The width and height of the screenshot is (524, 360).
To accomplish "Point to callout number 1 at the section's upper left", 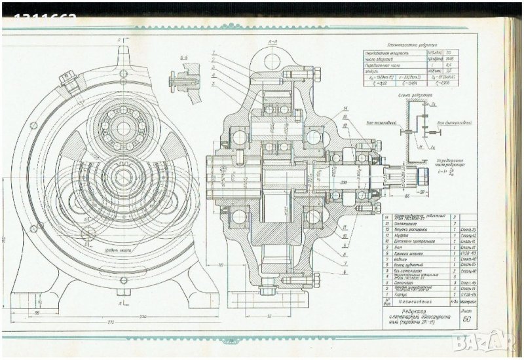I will tap(214, 52).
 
